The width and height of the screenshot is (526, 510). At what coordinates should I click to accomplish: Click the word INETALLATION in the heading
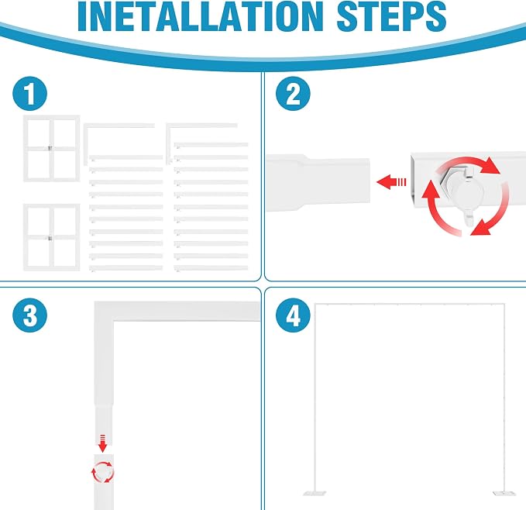[201, 16]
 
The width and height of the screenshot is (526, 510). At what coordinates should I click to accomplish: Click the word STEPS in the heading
[392, 16]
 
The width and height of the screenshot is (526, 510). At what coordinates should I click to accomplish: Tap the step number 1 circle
[30, 94]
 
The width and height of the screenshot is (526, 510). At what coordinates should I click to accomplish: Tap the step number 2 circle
[293, 94]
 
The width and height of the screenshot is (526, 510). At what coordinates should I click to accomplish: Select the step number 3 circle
[30, 315]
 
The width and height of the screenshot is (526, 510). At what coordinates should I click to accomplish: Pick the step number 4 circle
[293, 315]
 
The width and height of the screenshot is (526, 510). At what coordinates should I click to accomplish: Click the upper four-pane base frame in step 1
[51, 148]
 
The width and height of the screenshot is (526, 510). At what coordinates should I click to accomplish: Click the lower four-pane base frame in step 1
[51, 237]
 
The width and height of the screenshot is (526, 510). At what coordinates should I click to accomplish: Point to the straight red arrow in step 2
[391, 182]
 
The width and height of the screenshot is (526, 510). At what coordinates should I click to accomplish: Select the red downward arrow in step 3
[103, 443]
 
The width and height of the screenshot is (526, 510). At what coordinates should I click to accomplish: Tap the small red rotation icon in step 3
[103, 472]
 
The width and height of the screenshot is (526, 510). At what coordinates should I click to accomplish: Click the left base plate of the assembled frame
[315, 494]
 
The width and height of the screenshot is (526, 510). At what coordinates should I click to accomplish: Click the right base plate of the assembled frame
[504, 493]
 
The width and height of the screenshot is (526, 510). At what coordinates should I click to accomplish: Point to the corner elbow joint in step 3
[105, 312]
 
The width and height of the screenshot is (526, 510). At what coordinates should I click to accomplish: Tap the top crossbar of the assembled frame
[410, 305]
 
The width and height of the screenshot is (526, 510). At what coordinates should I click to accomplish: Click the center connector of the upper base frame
[50, 148]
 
